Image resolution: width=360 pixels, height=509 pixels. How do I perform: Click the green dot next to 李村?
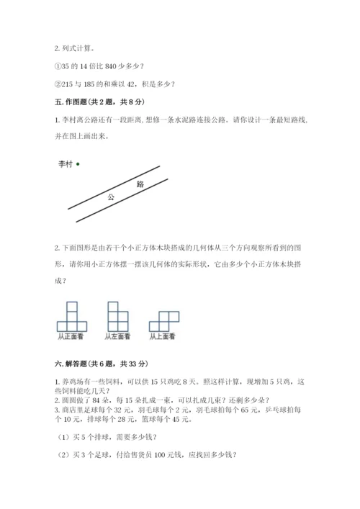click(77, 163)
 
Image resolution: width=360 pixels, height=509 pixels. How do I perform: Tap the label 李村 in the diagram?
click(66, 163)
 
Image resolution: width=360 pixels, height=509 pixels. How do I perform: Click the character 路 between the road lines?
click(140, 184)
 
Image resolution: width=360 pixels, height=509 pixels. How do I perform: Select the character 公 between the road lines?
click(110, 197)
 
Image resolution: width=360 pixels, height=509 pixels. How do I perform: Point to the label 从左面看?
click(117, 335)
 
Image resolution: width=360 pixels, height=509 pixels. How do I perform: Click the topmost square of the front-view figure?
click(71, 307)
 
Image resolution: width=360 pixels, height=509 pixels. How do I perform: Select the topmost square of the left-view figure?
click(113, 307)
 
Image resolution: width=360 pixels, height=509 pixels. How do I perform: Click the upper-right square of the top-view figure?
click(174, 316)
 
